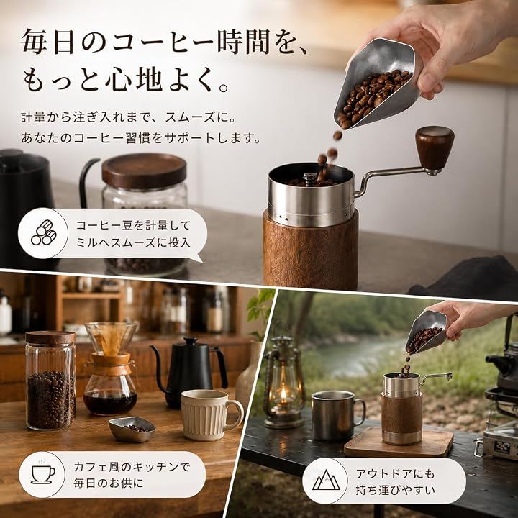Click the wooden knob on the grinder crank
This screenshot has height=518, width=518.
435,145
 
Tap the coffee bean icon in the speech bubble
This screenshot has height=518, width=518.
44,232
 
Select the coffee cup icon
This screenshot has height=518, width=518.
43,473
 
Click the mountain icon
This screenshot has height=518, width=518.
326,480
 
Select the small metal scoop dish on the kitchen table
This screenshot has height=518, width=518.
132,429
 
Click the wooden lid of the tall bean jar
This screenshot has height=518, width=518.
50,339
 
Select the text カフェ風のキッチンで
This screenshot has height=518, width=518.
132,467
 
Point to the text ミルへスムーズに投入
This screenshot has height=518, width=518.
134,243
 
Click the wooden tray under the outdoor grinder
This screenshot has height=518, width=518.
399,442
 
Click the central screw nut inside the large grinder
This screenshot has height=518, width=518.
309,178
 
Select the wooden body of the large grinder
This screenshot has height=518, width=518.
311,251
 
